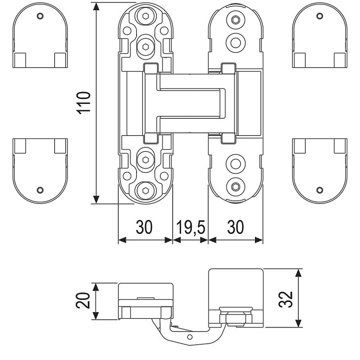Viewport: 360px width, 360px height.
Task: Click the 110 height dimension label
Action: pyautogui.click(x=84, y=102)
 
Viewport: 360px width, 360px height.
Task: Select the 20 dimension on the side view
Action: pyautogui.click(x=83, y=300)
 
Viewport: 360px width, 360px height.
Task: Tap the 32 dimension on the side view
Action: pyautogui.click(x=288, y=298)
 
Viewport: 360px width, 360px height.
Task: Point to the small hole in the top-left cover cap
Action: pyautogui.click(x=40, y=15)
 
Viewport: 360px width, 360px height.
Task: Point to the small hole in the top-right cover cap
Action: pyautogui.click(x=320, y=15)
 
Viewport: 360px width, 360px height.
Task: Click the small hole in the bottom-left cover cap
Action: pyautogui.click(x=40, y=190)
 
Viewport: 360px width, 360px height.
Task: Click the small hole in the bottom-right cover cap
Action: pyautogui.click(x=320, y=190)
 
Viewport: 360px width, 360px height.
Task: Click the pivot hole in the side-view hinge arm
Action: pyautogui.click(x=190, y=337)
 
